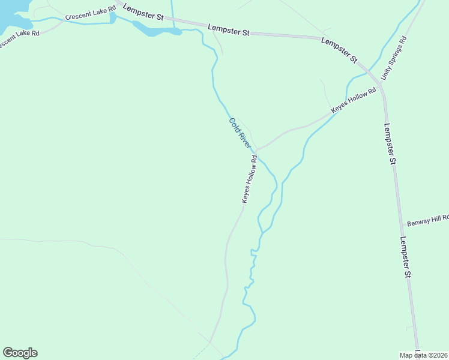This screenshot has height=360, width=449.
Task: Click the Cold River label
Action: click(x=240, y=133)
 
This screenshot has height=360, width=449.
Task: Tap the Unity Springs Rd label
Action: click(x=394, y=59)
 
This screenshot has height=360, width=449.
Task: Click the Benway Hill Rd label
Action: click(x=427, y=222)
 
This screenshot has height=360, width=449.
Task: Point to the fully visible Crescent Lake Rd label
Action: click(x=90, y=13)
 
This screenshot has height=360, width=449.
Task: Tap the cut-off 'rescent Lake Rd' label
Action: click(x=19, y=38)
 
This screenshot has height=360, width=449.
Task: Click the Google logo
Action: click(x=20, y=353)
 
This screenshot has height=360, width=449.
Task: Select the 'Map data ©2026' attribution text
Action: click(x=424, y=355)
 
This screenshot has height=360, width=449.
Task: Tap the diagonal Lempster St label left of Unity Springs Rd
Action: click(x=340, y=51)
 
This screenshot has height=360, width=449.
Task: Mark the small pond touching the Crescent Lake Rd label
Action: click(x=112, y=18)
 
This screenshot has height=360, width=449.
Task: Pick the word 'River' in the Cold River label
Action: click(x=244, y=140)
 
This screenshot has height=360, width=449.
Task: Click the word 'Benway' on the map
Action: click(x=418, y=223)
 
